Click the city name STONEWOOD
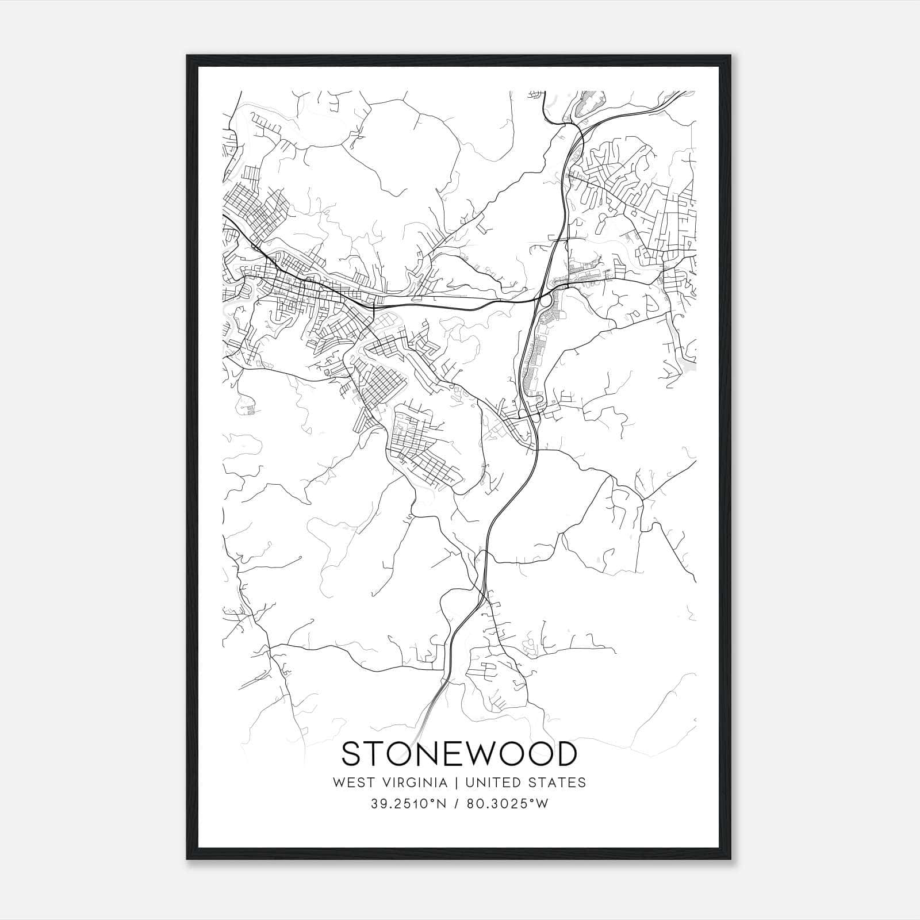tap(459, 754)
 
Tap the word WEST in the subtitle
tap(350, 783)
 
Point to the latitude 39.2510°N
tap(408, 804)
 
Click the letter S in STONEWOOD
tap(352, 754)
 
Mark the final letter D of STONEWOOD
tap(566, 754)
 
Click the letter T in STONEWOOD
tap(375, 754)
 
